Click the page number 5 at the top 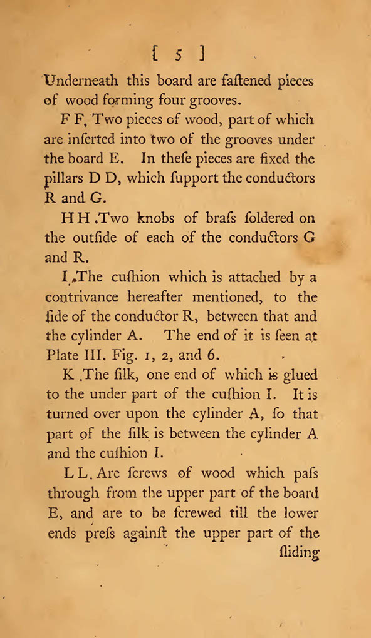coord(178,54)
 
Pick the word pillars coord(64,180)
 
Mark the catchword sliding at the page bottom coord(298,554)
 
